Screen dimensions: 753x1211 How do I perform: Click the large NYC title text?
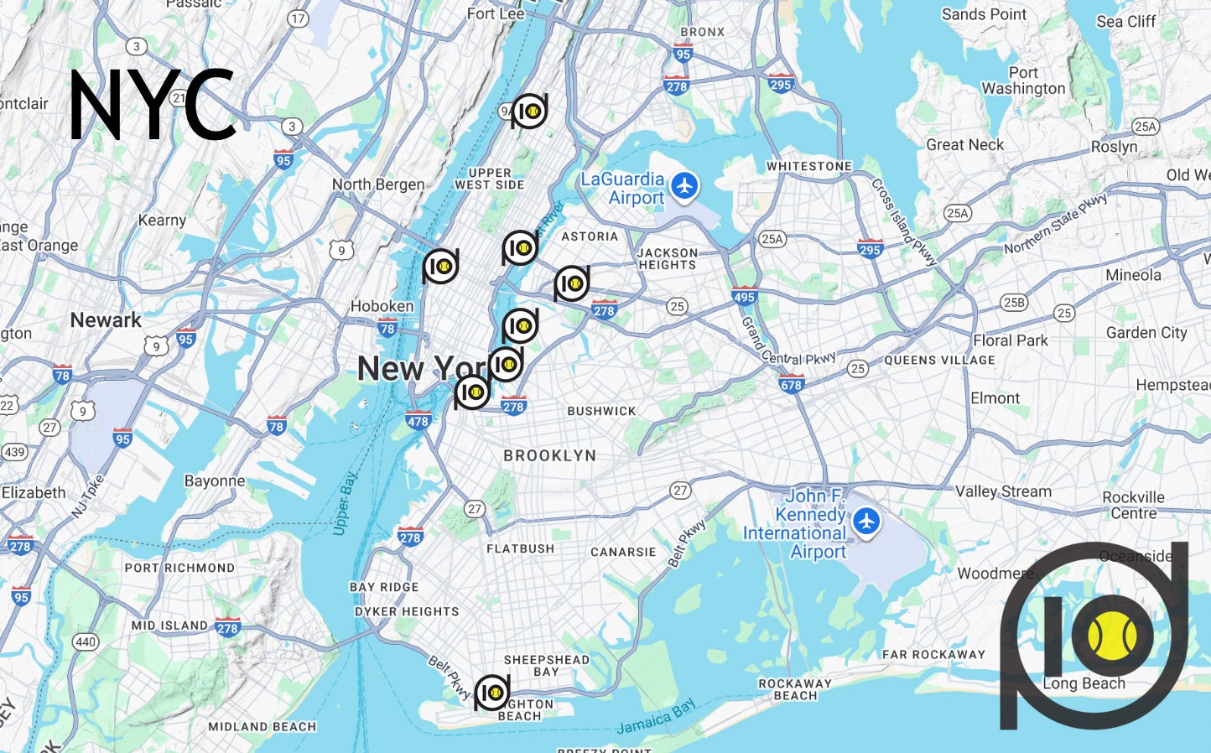pos(151,105)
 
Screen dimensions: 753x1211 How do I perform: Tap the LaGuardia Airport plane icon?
pos(685,185)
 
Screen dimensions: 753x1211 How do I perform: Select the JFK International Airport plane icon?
pos(866,521)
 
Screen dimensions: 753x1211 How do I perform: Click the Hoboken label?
pos(382,306)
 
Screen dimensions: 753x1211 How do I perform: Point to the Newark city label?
pos(106,319)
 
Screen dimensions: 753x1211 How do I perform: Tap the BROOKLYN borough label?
pos(549,455)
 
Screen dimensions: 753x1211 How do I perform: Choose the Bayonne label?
pos(215,480)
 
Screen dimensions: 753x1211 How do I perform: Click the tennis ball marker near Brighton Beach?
pos(492,693)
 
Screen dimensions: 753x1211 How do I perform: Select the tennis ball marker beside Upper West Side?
pos(529,111)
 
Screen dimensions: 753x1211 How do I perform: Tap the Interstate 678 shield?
pos(791,384)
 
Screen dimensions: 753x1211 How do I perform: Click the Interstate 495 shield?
pos(744,295)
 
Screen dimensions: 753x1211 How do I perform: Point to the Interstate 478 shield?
pos(418,420)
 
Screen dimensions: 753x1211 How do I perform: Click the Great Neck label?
pos(964,144)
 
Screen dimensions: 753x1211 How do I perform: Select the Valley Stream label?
pos(1003,491)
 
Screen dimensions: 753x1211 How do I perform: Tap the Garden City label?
pos(1146,332)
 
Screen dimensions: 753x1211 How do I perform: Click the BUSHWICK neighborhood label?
pos(601,411)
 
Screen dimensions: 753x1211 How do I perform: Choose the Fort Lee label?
pos(495,13)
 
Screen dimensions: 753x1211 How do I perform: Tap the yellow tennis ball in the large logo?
pos(1112,636)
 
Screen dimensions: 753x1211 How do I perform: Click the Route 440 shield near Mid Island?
pos(86,642)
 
